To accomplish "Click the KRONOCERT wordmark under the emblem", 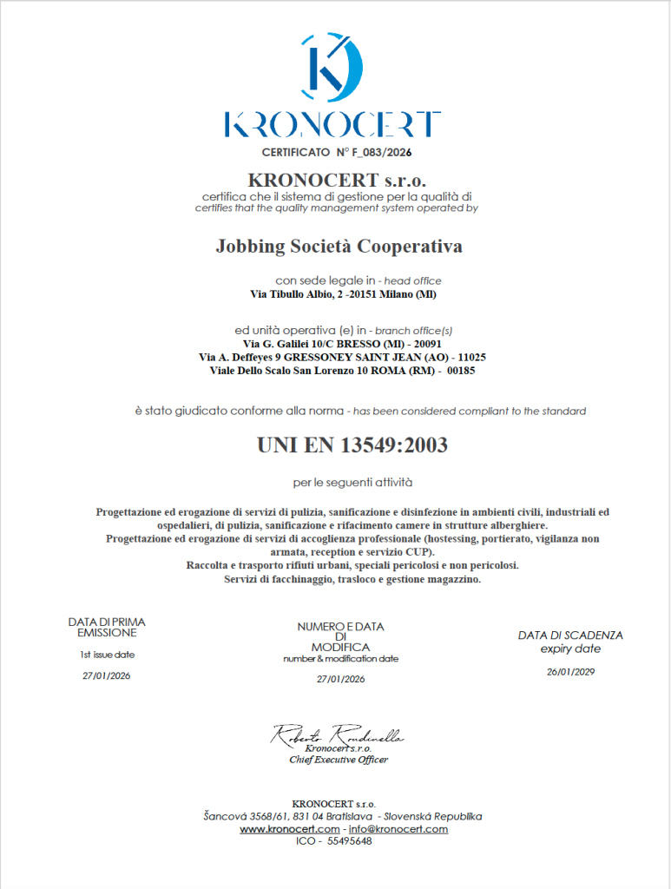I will pyautogui.click(x=332, y=124).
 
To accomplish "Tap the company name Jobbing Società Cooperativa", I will pyautogui.click(x=339, y=247).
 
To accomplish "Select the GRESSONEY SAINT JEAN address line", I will pyautogui.click(x=342, y=357).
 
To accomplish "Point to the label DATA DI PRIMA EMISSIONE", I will pyautogui.click(x=107, y=628).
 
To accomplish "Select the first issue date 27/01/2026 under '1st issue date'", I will pyautogui.click(x=107, y=675).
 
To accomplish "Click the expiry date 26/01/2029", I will pyautogui.click(x=570, y=671).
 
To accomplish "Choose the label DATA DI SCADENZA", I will pyautogui.click(x=570, y=635).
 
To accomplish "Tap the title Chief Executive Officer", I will pyautogui.click(x=339, y=760).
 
